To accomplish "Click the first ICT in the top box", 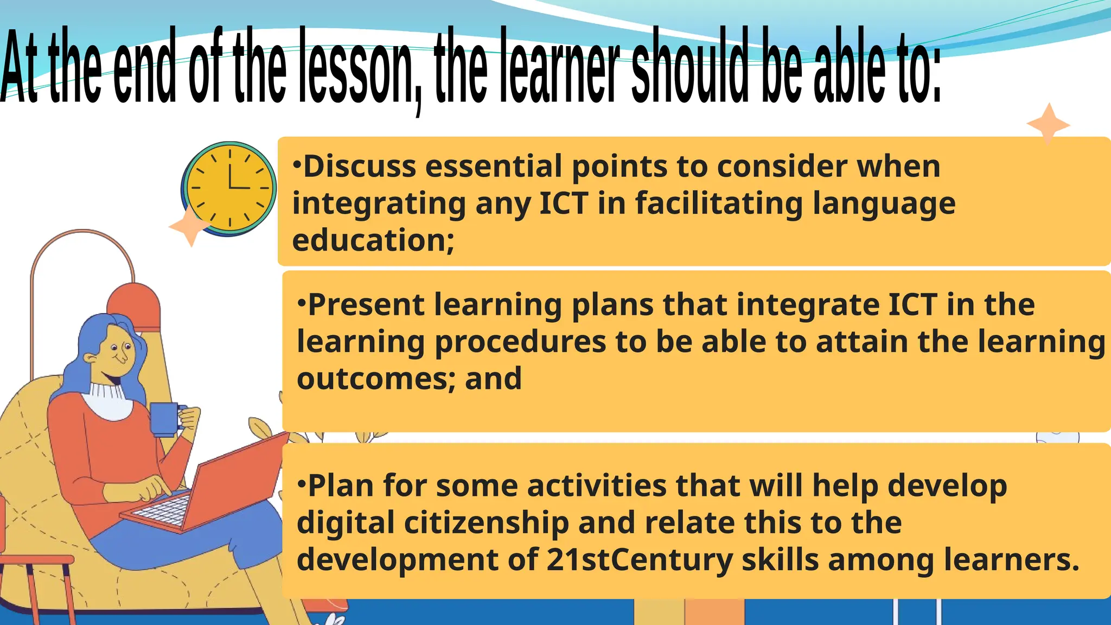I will click(x=564, y=203).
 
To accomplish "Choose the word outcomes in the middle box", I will click(x=375, y=379).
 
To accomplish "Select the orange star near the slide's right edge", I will click(x=1048, y=124).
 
